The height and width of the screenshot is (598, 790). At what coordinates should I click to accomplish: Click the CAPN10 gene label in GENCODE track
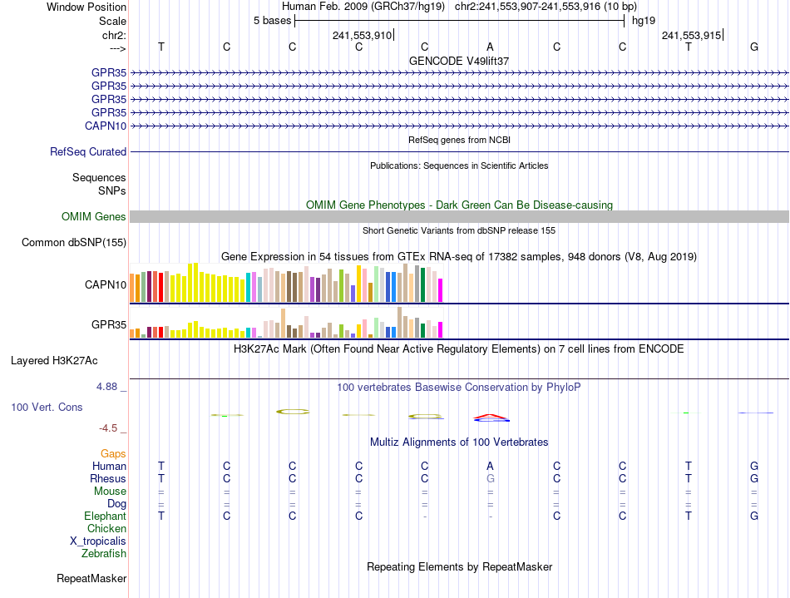[106, 126]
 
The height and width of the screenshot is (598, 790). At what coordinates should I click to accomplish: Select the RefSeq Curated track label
[88, 152]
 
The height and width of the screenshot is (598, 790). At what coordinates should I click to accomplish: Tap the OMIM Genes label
[94, 217]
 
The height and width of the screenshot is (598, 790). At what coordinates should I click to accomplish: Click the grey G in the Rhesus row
[491, 479]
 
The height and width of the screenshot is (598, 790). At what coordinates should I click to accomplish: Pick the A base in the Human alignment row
[491, 467]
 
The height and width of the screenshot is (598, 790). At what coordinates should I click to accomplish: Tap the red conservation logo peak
[491, 415]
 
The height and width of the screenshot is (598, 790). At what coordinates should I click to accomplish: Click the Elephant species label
[105, 516]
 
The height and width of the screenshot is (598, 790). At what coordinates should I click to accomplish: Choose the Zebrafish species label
[104, 554]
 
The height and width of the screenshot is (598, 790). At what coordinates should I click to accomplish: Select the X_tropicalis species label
[98, 541]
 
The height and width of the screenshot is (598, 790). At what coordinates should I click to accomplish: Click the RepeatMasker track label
[91, 579]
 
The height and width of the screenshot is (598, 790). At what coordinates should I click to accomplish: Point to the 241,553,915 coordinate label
[690, 36]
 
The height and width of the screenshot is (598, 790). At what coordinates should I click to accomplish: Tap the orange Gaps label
[113, 454]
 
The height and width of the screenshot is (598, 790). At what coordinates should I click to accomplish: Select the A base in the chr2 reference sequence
[491, 47]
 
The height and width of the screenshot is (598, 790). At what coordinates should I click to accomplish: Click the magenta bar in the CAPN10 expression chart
[441, 290]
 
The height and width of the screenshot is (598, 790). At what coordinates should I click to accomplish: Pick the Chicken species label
[106, 529]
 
